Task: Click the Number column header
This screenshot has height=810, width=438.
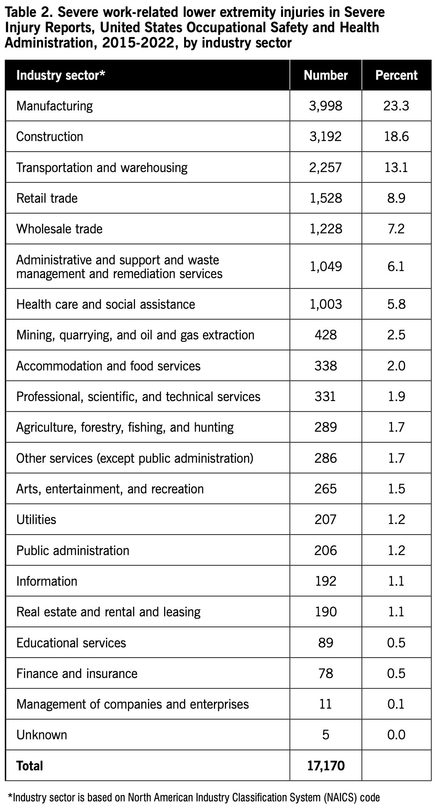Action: tap(326, 75)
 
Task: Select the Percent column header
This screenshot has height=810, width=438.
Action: tap(396, 75)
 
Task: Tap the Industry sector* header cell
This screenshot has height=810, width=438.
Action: tap(61, 75)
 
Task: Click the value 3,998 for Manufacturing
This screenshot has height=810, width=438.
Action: tap(326, 106)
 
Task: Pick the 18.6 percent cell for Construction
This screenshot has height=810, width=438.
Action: tap(396, 136)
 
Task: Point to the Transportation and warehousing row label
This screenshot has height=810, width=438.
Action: tap(102, 167)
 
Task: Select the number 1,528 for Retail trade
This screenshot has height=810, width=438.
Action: tap(326, 198)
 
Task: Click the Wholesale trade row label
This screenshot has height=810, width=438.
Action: tap(59, 229)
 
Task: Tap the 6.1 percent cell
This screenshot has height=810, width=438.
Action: tap(396, 266)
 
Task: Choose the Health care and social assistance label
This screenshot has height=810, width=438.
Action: tap(106, 304)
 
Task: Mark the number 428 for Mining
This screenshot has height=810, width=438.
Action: tap(326, 335)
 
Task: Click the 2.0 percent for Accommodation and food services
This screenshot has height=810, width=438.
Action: tap(396, 366)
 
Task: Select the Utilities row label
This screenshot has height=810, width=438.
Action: tap(36, 519)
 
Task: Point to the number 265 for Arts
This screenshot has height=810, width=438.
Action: tap(326, 489)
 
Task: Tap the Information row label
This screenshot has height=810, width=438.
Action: tap(47, 581)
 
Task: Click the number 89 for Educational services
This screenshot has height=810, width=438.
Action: tap(326, 643)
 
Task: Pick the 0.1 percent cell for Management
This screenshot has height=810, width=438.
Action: tap(396, 704)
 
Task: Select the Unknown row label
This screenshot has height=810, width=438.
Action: tap(42, 735)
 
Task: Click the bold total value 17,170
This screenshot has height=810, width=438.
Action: tap(326, 766)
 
